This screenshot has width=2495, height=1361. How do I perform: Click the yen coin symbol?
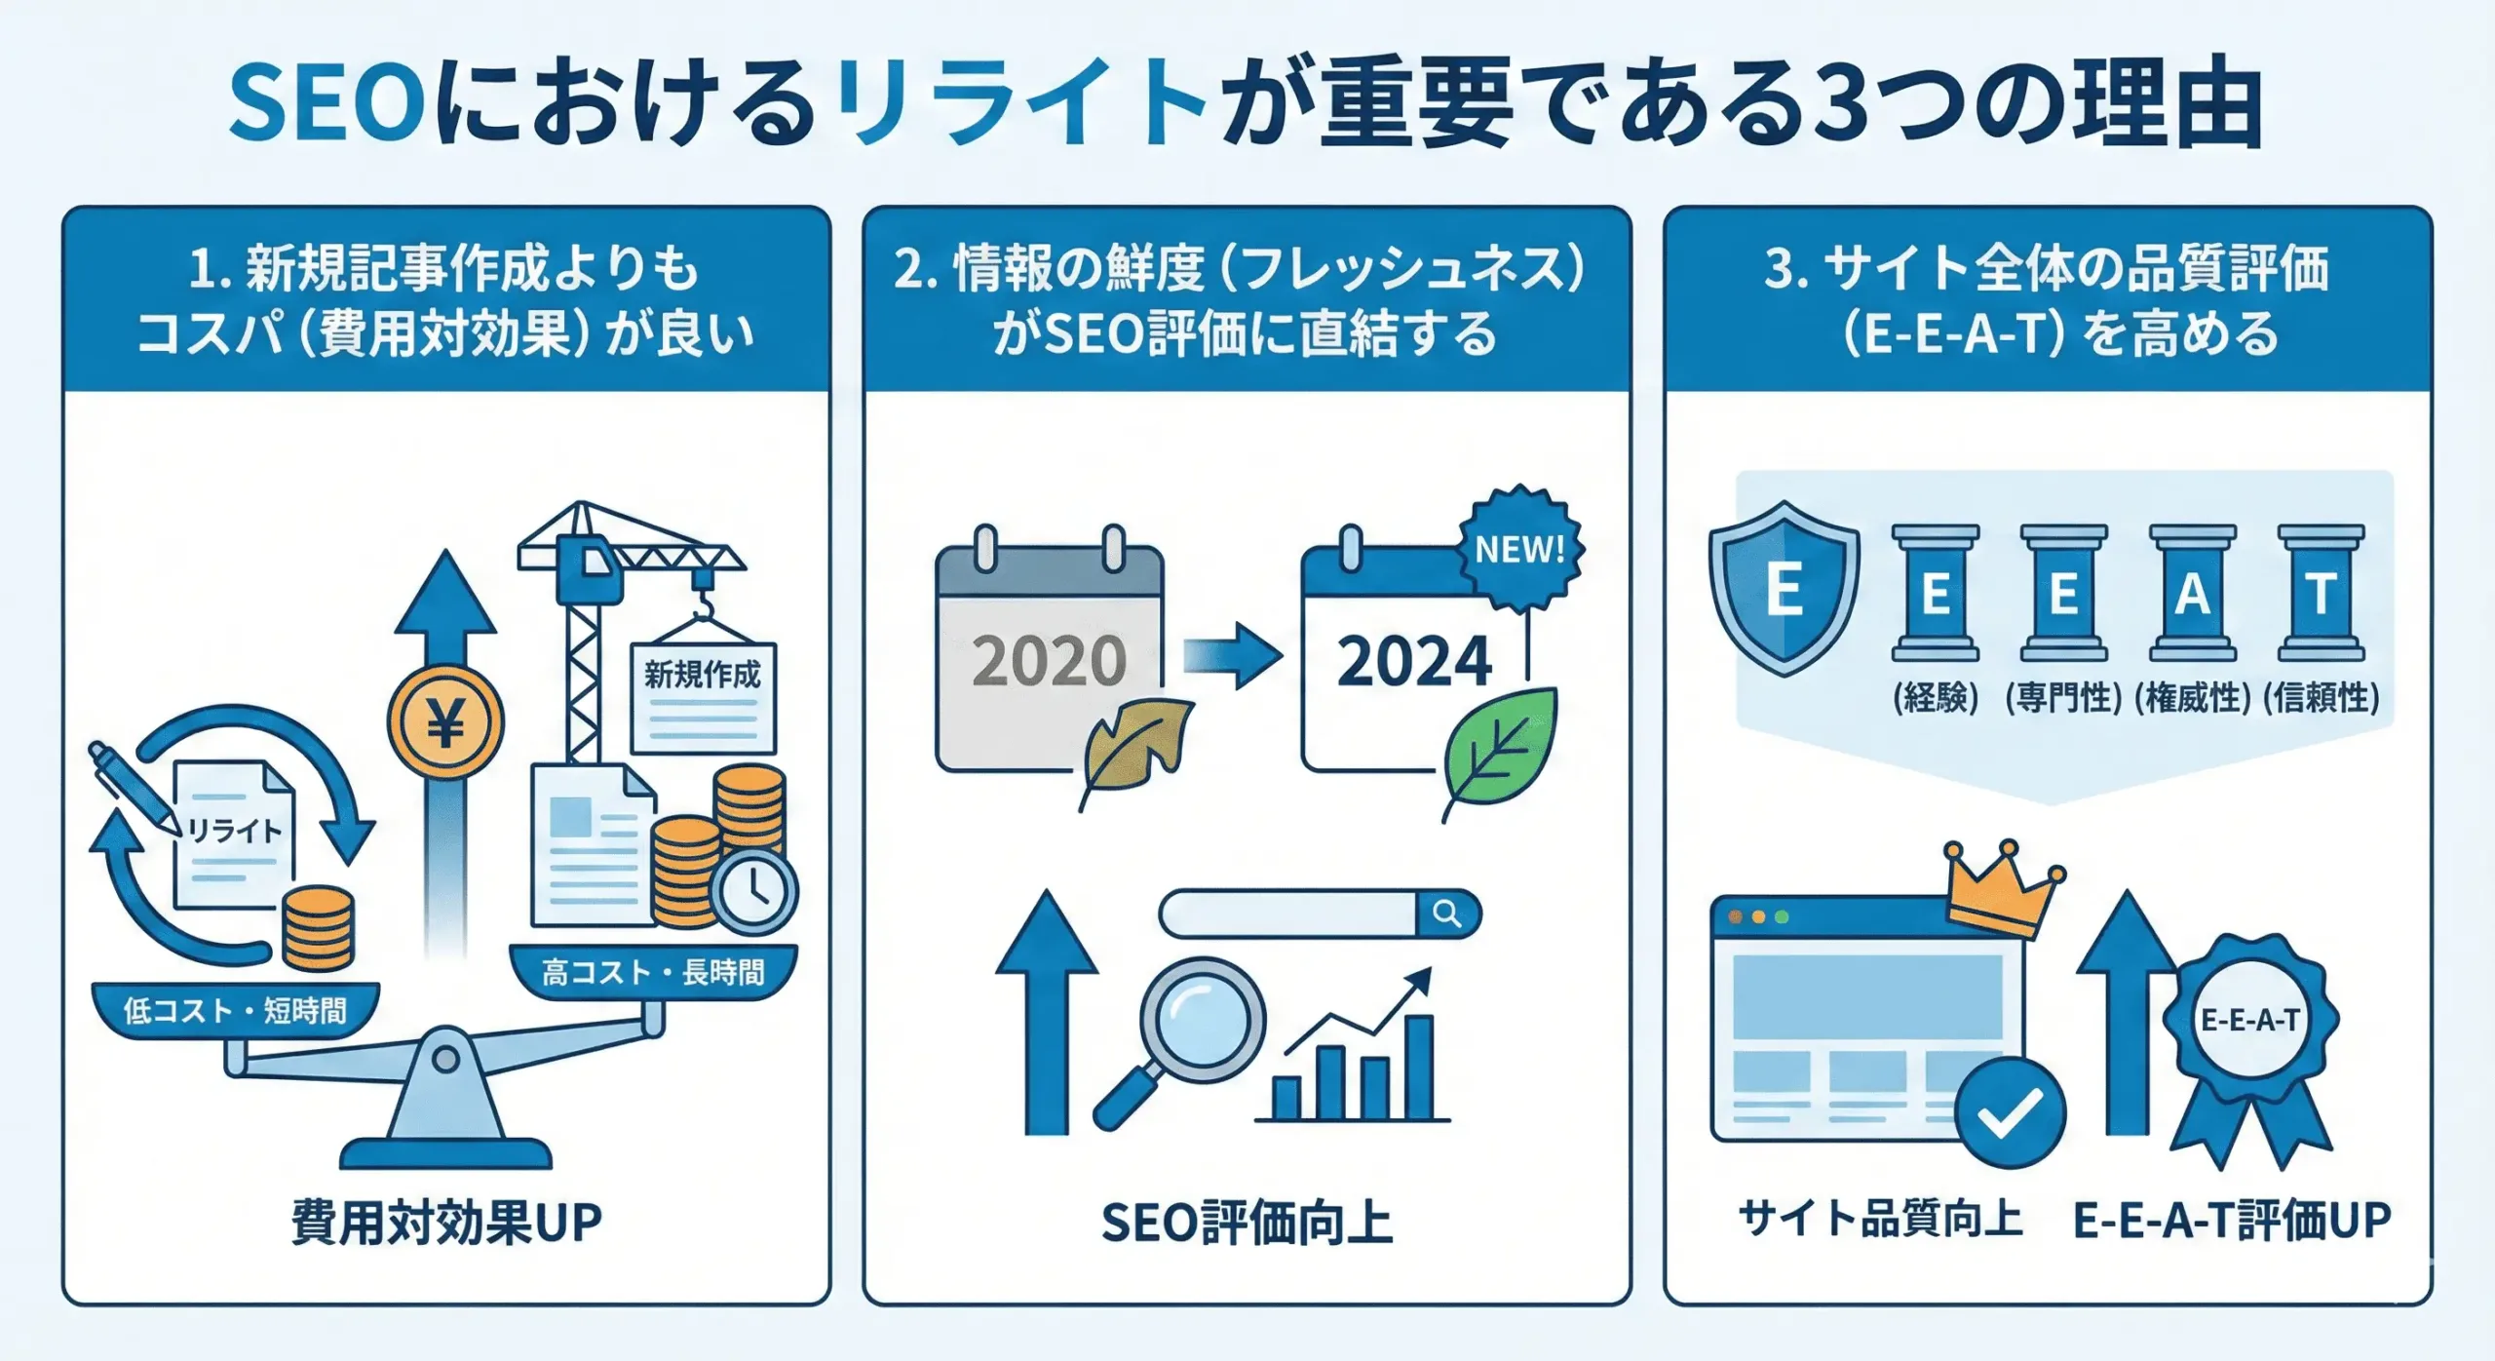[445, 722]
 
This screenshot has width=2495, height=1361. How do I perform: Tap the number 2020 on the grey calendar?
[1049, 661]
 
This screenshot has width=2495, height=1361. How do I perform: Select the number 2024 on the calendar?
[1413, 661]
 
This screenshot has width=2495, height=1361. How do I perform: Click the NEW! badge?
[1519, 549]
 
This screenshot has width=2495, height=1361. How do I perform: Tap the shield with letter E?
[1784, 588]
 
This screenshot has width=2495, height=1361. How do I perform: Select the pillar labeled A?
[2192, 593]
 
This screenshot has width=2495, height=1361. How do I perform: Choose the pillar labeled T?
[2321, 593]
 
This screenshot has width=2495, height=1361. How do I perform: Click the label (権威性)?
[2192, 698]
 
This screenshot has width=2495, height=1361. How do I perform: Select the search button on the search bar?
[1447, 914]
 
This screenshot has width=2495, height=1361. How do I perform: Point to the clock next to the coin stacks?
[754, 891]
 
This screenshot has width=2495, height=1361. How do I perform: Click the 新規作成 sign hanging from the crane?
[703, 696]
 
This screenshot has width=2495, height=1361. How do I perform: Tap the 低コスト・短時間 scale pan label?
[235, 1010]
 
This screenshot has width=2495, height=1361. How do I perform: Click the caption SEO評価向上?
[1247, 1223]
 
